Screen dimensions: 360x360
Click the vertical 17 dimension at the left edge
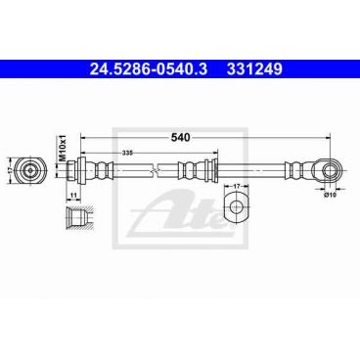pyautogui.click(x=9, y=169)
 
